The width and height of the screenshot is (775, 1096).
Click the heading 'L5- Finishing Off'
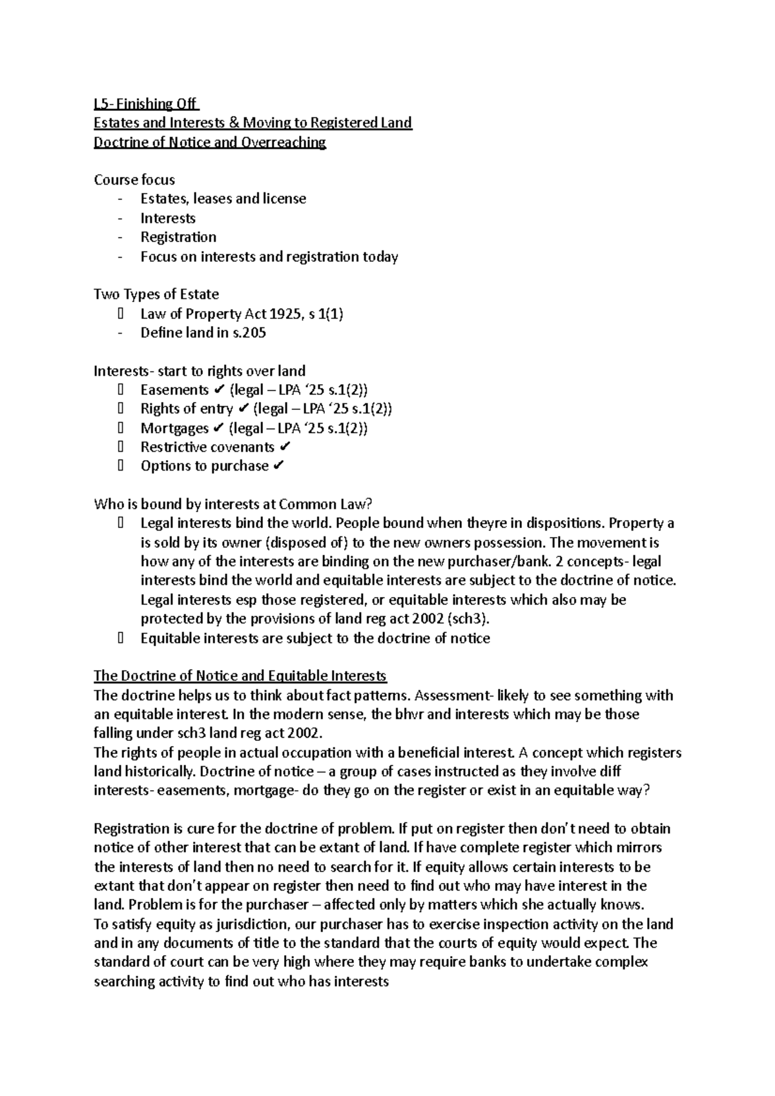click(x=147, y=104)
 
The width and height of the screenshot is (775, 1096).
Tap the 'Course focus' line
click(x=134, y=180)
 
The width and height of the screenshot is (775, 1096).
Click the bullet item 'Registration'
click(x=178, y=238)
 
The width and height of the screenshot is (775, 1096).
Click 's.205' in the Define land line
click(x=249, y=333)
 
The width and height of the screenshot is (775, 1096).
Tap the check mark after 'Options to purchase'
click(x=278, y=466)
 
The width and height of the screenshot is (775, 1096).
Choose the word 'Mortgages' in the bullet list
click(x=174, y=428)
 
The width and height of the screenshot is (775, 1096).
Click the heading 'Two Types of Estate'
click(x=156, y=294)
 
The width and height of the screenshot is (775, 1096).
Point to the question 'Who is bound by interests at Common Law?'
click(x=233, y=504)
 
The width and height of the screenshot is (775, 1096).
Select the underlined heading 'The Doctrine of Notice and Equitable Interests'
click(x=240, y=676)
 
